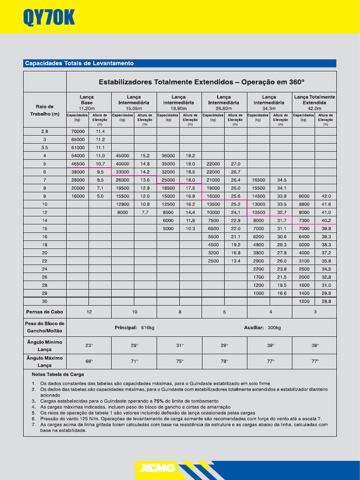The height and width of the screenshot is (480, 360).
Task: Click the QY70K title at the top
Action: tap(49, 18)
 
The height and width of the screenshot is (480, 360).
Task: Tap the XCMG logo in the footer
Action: tap(155, 468)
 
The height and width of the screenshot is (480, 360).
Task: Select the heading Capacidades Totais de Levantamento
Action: tap(79, 63)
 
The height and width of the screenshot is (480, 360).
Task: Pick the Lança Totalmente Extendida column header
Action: tap(314, 102)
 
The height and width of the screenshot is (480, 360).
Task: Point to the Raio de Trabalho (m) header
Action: tap(45, 110)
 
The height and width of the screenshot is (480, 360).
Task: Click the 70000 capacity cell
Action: tap(77, 132)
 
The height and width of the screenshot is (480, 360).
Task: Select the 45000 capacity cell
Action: tap(122, 156)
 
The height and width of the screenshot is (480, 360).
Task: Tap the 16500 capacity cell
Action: tap(258, 180)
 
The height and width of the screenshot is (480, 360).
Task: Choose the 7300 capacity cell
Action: tap(304, 220)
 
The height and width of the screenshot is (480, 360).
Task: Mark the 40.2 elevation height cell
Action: tap(326, 220)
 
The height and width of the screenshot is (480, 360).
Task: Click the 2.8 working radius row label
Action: tap(45, 132)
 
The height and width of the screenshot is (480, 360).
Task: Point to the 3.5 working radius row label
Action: tap(45, 148)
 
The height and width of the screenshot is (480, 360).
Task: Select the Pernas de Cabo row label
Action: tap(45, 312)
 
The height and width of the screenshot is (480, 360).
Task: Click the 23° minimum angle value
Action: tap(89, 345)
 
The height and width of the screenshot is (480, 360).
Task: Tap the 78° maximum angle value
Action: tap(224, 361)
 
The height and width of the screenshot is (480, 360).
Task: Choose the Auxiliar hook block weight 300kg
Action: tap(262, 328)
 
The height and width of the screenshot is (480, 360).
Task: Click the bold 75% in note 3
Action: tap(158, 401)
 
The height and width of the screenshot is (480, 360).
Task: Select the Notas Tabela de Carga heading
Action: tap(58, 375)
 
